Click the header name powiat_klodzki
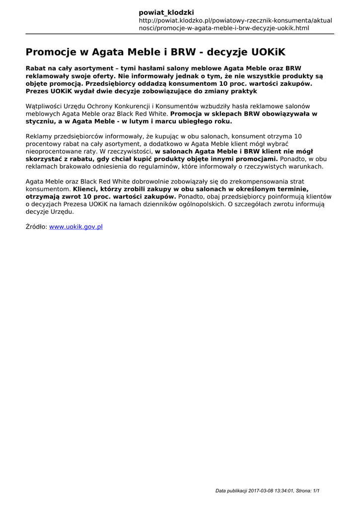tap(166, 12)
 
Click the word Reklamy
tap(38, 136)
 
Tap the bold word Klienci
tap(85, 189)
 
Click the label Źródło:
tap(36, 227)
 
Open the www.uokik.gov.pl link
tap(75, 227)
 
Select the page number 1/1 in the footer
tap(316, 491)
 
